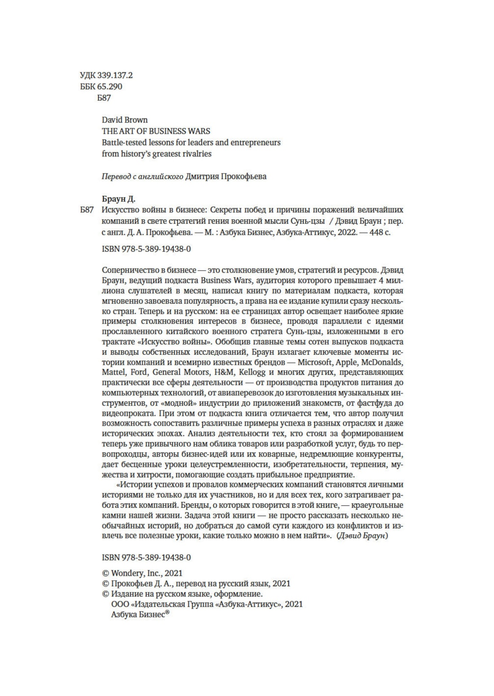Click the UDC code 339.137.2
click(115, 75)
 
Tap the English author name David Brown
click(124, 120)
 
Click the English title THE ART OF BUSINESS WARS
click(156, 131)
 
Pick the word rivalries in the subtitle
click(196, 153)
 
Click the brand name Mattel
click(114, 372)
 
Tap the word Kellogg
click(253, 372)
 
